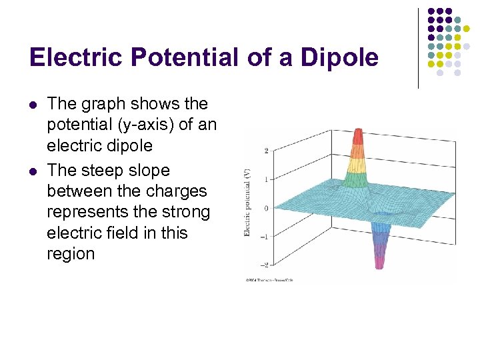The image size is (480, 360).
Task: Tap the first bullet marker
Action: click(x=33, y=104)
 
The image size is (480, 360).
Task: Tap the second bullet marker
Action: click(x=33, y=171)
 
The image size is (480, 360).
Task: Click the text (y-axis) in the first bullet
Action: click(x=145, y=125)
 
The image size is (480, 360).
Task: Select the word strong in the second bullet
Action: click(x=187, y=212)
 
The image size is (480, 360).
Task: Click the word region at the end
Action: click(x=71, y=254)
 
